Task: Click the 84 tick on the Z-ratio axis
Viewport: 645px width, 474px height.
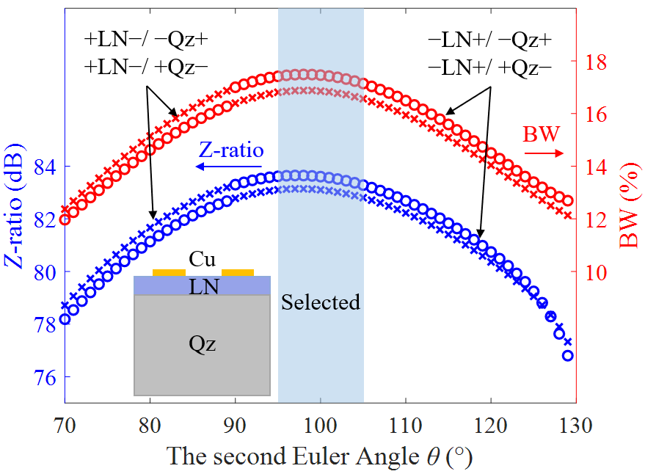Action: pos(45,167)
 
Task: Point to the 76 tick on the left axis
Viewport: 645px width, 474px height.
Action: pos(45,377)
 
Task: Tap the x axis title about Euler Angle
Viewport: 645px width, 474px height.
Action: pos(319,456)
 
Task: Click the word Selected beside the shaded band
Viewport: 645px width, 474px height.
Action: pos(321,302)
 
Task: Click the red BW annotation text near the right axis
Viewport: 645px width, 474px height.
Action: pos(541,135)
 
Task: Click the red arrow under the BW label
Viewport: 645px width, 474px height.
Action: pos(543,153)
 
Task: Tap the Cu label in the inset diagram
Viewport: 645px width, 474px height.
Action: pos(202,259)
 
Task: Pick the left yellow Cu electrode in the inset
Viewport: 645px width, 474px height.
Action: pos(169,272)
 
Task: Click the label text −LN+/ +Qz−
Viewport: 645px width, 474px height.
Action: pos(489,67)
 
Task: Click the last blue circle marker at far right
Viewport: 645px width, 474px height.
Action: pos(567,355)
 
